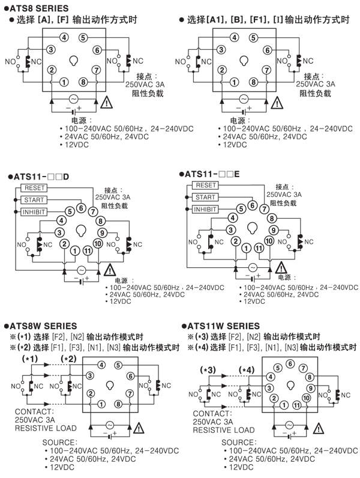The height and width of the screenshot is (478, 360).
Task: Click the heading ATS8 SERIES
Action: (38, 8)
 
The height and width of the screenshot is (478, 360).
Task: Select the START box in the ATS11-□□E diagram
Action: (206, 197)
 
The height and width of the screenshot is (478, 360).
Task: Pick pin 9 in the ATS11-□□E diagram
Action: (274, 229)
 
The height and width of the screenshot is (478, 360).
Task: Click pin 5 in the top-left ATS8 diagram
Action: (83, 37)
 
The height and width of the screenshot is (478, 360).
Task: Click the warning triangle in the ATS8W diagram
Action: (140, 428)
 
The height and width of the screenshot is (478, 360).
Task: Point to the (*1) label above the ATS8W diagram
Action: (30, 358)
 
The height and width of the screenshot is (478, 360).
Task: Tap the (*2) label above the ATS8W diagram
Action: (71, 358)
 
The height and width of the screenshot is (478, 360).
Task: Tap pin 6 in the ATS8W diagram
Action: (130, 375)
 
